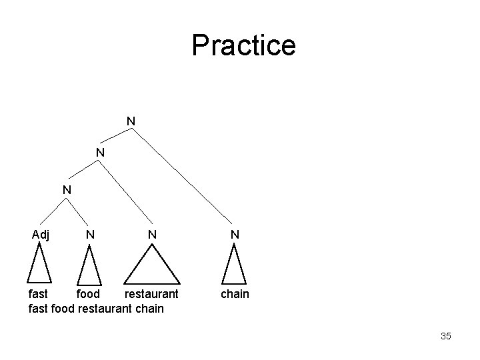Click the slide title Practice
pos(243,45)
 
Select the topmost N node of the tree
pos(131,121)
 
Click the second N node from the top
pos(99,153)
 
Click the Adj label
pos(41,234)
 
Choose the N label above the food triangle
pos(89,234)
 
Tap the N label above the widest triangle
pos(153,234)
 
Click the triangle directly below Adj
pos(40,265)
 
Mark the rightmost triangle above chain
pos(234,265)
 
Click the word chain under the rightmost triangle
pos(234,294)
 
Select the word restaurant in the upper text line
pos(151,294)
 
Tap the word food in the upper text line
pos(87,294)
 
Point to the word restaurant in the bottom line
pos(103,309)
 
